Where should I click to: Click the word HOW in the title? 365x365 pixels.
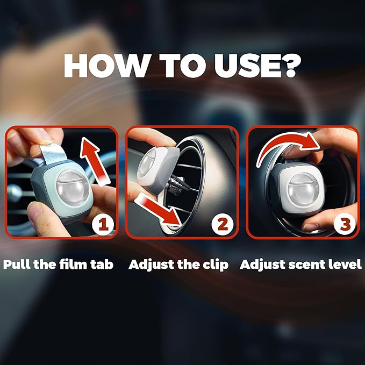point(106,66)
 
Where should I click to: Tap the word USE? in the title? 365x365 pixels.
point(257,66)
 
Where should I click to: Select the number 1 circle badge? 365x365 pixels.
point(103,225)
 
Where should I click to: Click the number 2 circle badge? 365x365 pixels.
point(223,225)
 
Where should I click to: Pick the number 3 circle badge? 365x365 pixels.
point(345,225)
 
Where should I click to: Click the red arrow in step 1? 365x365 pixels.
point(94,161)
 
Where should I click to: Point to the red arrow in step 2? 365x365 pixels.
point(158,210)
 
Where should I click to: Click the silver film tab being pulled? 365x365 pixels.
point(52,154)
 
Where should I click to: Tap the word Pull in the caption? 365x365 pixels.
point(17,264)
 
